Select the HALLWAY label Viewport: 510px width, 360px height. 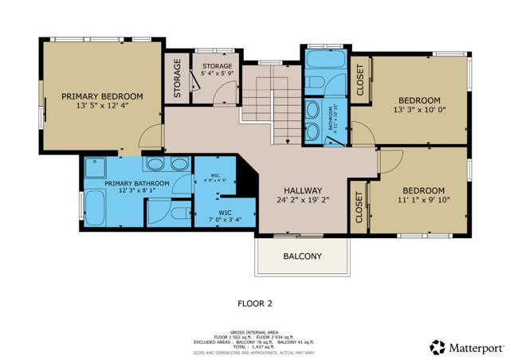tap(302, 191)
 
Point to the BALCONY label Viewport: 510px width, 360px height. tap(302, 256)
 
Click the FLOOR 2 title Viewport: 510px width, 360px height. tap(255, 303)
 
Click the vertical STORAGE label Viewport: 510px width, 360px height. tap(178, 78)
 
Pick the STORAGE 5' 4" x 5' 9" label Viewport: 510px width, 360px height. tap(217, 70)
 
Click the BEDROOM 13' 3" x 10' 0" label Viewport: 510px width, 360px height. tap(419, 105)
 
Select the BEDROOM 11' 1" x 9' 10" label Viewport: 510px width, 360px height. tap(422, 195)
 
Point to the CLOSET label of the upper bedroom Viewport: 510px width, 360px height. tap(359, 80)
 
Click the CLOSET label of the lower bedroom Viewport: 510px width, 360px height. tap(359, 207)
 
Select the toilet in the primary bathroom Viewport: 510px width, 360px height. tap(180, 213)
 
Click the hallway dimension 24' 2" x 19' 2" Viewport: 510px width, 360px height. tap(302, 202)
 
